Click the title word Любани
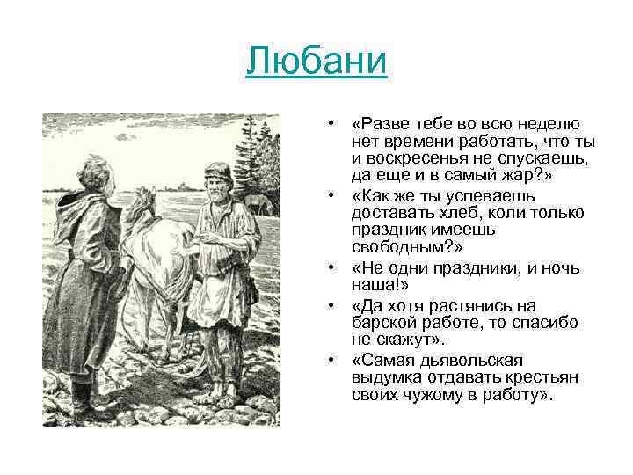(x=316, y=62)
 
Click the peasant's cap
(x=217, y=169)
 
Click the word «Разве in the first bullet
(x=379, y=124)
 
